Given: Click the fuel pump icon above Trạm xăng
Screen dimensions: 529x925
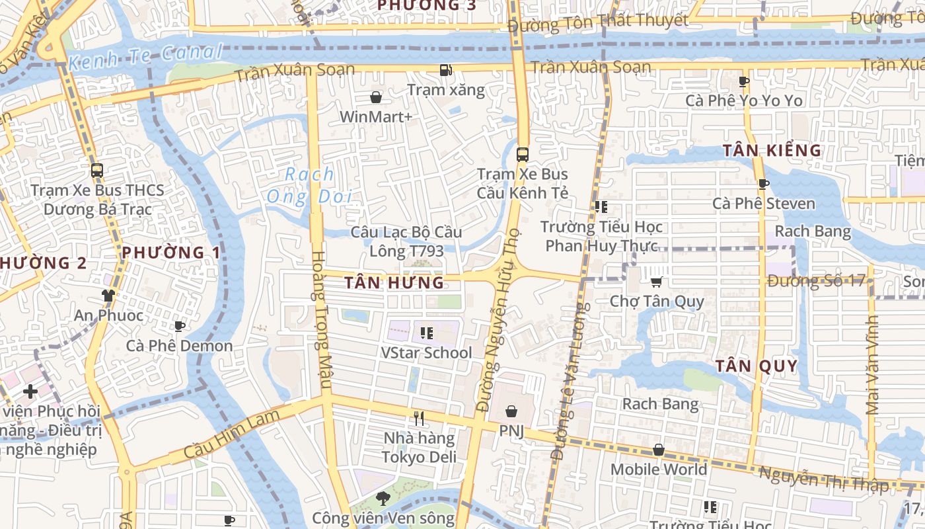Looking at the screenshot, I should [446, 69].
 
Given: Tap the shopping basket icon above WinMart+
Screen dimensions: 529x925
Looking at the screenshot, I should [376, 98].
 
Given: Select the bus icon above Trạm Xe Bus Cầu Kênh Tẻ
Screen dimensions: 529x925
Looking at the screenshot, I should [522, 155].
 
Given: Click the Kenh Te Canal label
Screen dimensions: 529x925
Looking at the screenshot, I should [146, 58].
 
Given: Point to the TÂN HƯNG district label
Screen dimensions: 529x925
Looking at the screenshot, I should [394, 283].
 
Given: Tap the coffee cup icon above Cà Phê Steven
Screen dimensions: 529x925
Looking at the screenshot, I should [763, 184].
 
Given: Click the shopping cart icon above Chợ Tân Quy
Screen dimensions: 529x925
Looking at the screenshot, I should [656, 282].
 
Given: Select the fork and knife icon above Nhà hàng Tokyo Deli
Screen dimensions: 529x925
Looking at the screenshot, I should [418, 418].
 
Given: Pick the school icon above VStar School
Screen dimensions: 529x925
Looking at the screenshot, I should [426, 333].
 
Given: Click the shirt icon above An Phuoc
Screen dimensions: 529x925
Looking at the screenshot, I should [108, 296].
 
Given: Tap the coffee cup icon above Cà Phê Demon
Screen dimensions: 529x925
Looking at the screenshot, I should [179, 326].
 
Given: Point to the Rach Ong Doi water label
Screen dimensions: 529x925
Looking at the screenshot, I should [309, 186].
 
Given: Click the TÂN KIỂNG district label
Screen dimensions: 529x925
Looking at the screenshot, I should [772, 151].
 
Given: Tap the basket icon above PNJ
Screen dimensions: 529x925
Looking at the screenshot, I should [511, 412].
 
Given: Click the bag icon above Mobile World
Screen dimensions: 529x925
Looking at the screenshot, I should [658, 450].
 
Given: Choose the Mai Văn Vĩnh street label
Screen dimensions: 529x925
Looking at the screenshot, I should [872, 364].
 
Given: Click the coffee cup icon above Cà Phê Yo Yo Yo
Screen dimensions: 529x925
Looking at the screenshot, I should [743, 81].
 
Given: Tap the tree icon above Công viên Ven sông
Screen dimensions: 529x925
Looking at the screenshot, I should [383, 498].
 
